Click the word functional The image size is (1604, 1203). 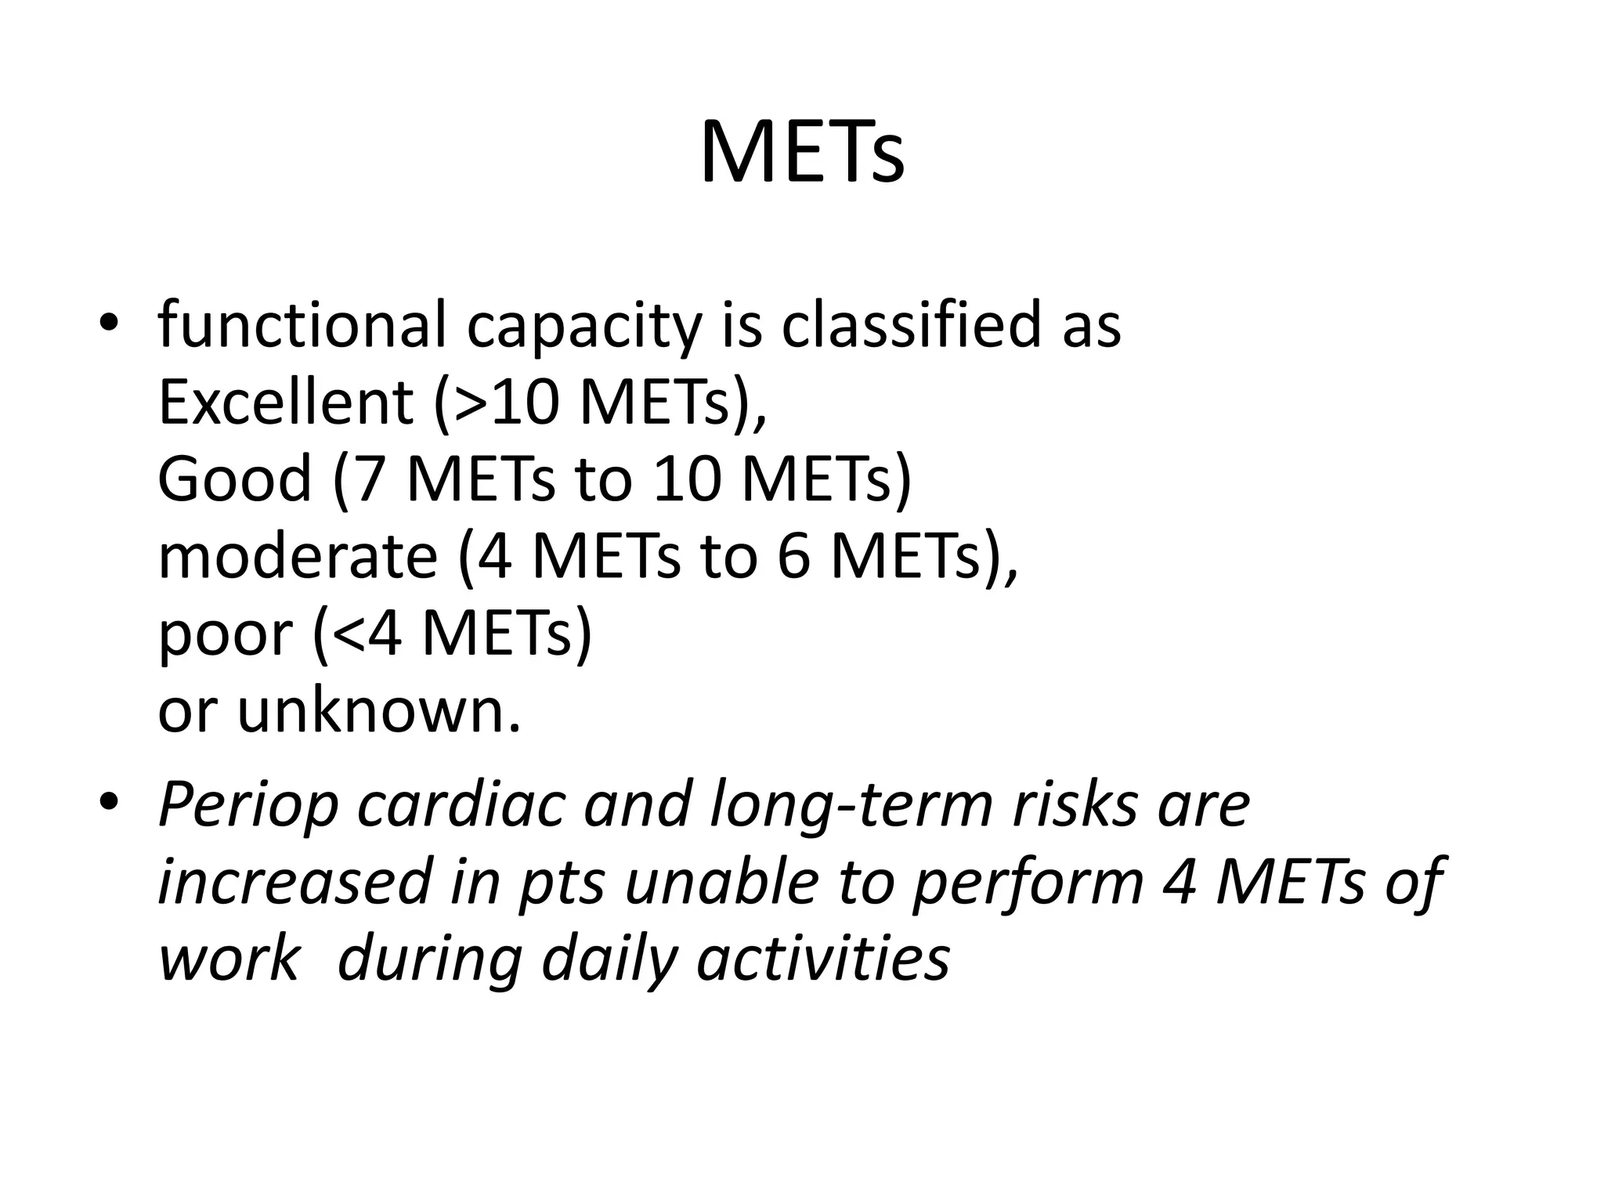[302, 325]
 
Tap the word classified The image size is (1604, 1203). [912, 325]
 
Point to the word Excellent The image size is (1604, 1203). [286, 402]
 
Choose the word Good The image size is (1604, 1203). [235, 479]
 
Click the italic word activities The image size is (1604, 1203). [822, 959]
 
